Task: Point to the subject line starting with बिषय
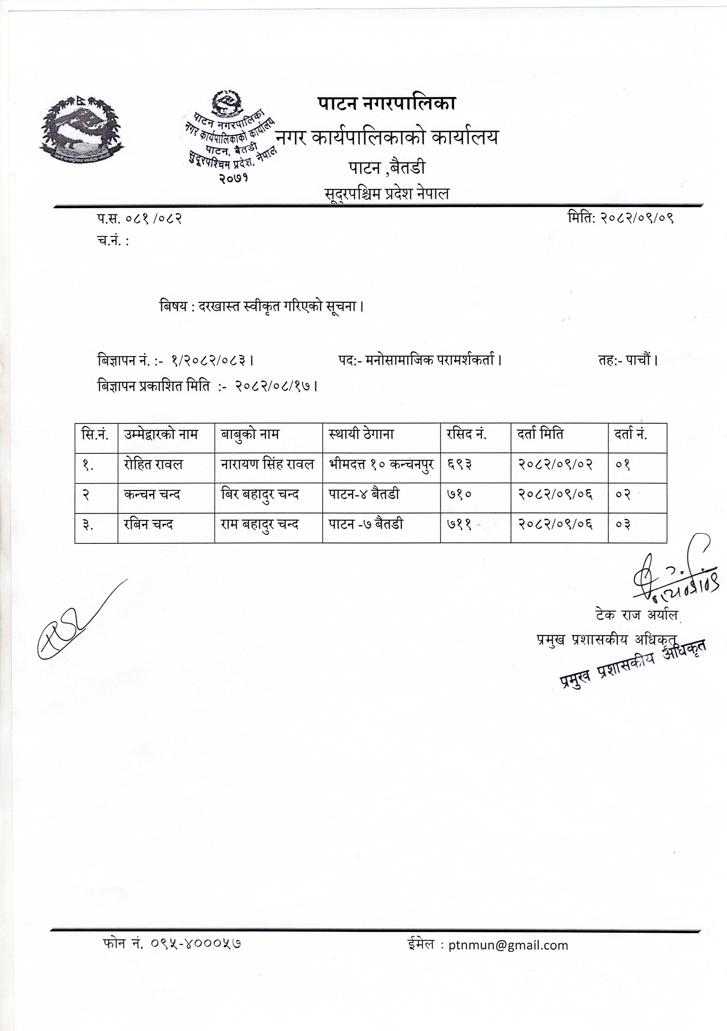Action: click(x=261, y=307)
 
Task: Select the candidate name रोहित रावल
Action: click(x=153, y=464)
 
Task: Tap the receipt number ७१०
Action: click(x=459, y=495)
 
